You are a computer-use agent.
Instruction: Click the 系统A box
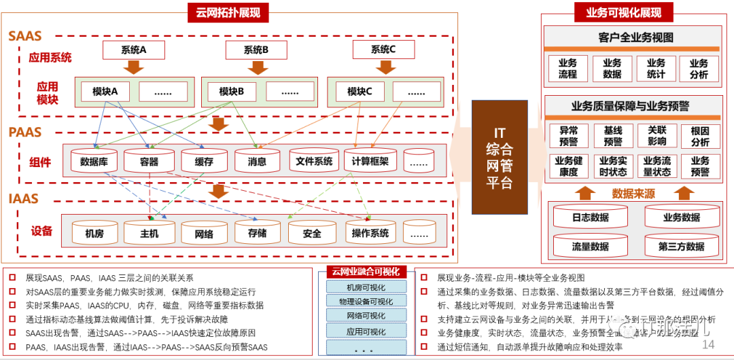tap(133, 50)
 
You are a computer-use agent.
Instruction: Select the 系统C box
tap(383, 50)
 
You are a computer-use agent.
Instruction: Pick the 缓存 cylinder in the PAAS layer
tap(203, 162)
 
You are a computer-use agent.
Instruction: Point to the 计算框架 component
tap(370, 161)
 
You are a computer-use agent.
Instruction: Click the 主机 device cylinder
tap(150, 233)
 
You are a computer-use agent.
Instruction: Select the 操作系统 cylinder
tap(370, 233)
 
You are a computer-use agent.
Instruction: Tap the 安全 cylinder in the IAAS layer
tap(312, 233)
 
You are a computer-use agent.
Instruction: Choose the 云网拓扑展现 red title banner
tap(228, 12)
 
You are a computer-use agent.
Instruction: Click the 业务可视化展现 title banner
tap(623, 12)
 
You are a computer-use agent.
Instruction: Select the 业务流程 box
tap(567, 69)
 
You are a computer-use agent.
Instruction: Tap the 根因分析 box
tap(700, 136)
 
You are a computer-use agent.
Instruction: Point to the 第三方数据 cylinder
tap(681, 246)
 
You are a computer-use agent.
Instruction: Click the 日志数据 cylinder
tap(590, 217)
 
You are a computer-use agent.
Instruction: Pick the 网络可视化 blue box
tap(366, 317)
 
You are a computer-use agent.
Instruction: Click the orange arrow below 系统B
tap(257, 67)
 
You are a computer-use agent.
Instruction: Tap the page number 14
tap(708, 345)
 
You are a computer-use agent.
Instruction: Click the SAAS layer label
tap(25, 36)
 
